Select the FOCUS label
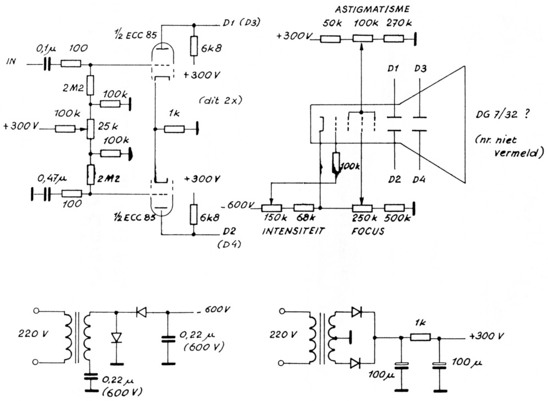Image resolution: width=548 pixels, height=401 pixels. (x=367, y=231)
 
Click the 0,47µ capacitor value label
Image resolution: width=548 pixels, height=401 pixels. (x=50, y=179)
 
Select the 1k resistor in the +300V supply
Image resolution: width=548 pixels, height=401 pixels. (x=421, y=337)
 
